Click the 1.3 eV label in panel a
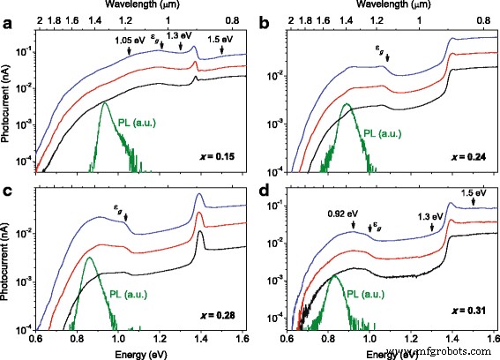click(x=180, y=39)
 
